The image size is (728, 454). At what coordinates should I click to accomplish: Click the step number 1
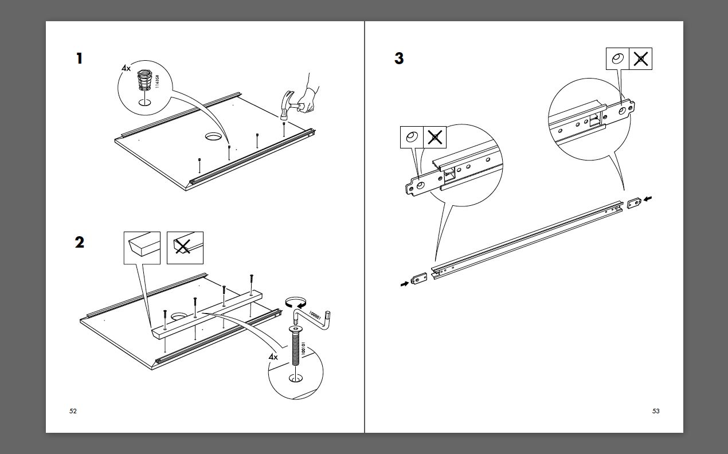[79, 58]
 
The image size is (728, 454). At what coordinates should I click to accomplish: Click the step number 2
[79, 242]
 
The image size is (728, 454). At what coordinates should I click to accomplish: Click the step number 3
[399, 58]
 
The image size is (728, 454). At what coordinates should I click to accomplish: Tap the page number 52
[73, 411]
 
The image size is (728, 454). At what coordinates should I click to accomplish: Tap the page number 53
[656, 411]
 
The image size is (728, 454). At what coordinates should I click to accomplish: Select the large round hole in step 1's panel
[214, 136]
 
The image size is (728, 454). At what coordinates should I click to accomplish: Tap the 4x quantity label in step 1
[126, 68]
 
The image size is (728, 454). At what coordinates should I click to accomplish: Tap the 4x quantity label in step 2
[273, 357]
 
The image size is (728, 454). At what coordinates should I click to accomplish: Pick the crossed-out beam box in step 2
[185, 248]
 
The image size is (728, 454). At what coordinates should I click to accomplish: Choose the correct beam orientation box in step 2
[142, 248]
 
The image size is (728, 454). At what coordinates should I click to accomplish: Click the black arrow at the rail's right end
[648, 199]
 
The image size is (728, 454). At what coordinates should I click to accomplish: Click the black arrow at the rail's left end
[405, 283]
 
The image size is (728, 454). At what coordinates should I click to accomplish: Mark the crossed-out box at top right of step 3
[641, 59]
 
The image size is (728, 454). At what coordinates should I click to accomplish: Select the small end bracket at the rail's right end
[634, 203]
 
